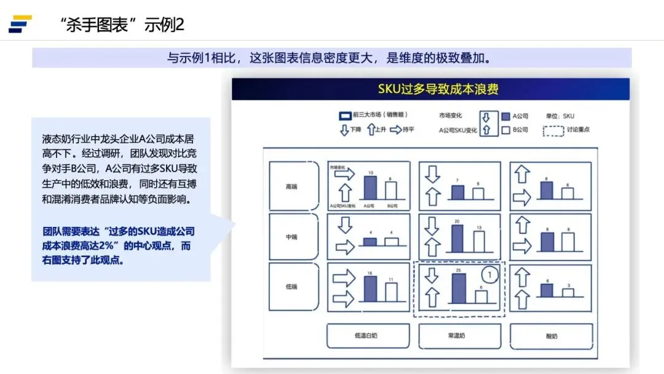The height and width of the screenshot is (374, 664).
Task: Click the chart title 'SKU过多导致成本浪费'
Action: (430, 89)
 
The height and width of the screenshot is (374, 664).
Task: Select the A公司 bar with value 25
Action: (459, 288)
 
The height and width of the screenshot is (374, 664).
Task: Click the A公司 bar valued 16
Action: (370, 288)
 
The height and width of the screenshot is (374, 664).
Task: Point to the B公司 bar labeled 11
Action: (391, 292)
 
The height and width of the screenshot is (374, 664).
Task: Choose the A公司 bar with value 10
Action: (370, 186)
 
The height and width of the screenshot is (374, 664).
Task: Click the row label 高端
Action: (292, 187)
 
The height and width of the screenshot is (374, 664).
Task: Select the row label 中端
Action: (292, 237)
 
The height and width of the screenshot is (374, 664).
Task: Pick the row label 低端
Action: (292, 287)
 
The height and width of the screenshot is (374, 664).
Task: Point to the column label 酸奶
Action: (551, 336)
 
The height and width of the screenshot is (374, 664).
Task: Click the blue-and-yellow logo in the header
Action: (20, 24)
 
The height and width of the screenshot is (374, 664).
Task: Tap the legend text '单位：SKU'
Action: (559, 115)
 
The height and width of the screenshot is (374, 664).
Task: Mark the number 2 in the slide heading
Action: (180, 25)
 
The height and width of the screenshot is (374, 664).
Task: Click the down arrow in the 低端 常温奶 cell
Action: (432, 275)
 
